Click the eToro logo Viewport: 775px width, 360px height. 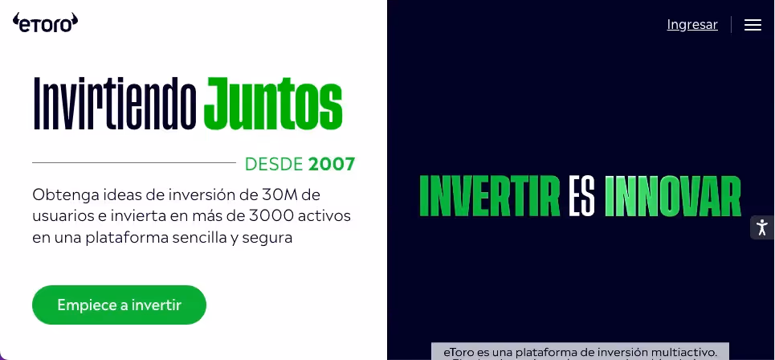click(x=46, y=22)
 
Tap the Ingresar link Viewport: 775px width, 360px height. click(x=691, y=25)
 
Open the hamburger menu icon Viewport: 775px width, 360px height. click(x=753, y=25)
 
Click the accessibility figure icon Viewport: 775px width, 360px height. click(x=762, y=227)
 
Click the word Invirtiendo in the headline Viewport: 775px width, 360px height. click(x=115, y=104)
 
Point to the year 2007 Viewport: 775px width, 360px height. click(x=332, y=165)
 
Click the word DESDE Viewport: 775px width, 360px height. click(x=274, y=165)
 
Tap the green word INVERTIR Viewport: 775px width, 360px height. click(x=489, y=195)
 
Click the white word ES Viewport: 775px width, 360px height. click(x=581, y=195)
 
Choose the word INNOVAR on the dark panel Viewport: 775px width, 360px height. click(x=672, y=195)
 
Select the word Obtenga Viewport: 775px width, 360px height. click(x=62, y=194)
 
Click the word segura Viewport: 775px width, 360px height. click(x=269, y=238)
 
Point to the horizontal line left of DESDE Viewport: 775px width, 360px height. click(x=133, y=163)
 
